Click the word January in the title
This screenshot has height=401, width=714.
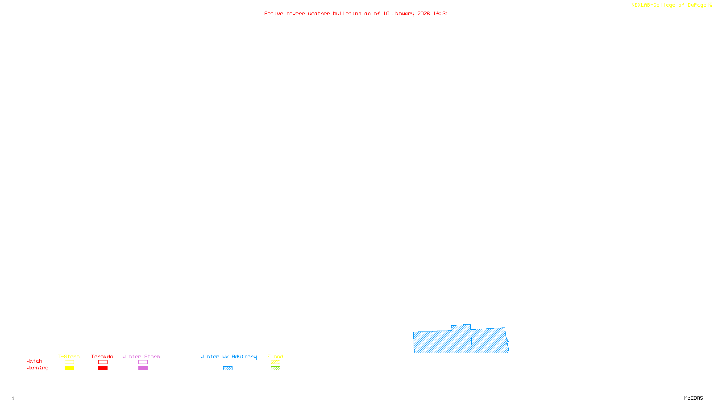pos(403,14)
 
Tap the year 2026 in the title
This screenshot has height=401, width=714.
pos(423,14)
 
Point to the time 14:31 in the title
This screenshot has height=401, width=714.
pos(440,14)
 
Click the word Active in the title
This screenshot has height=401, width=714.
pos(273,14)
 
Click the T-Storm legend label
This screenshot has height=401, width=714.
pos(69,356)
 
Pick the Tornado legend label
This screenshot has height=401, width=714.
pos(102,356)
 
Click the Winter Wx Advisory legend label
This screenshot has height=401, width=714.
pos(228,356)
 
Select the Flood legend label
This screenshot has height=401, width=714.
pos(275,356)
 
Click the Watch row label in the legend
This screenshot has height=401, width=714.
pos(34,361)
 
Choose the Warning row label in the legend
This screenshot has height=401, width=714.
pos(37,368)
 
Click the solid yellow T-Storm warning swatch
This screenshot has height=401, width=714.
pos(69,368)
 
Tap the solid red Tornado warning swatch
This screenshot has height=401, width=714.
pos(103,368)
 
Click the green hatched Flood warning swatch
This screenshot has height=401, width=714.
pos(275,368)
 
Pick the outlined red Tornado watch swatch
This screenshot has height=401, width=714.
pos(103,362)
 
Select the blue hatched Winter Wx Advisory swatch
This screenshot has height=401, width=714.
pos(228,368)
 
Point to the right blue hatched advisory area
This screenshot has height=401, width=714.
pos(489,341)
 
